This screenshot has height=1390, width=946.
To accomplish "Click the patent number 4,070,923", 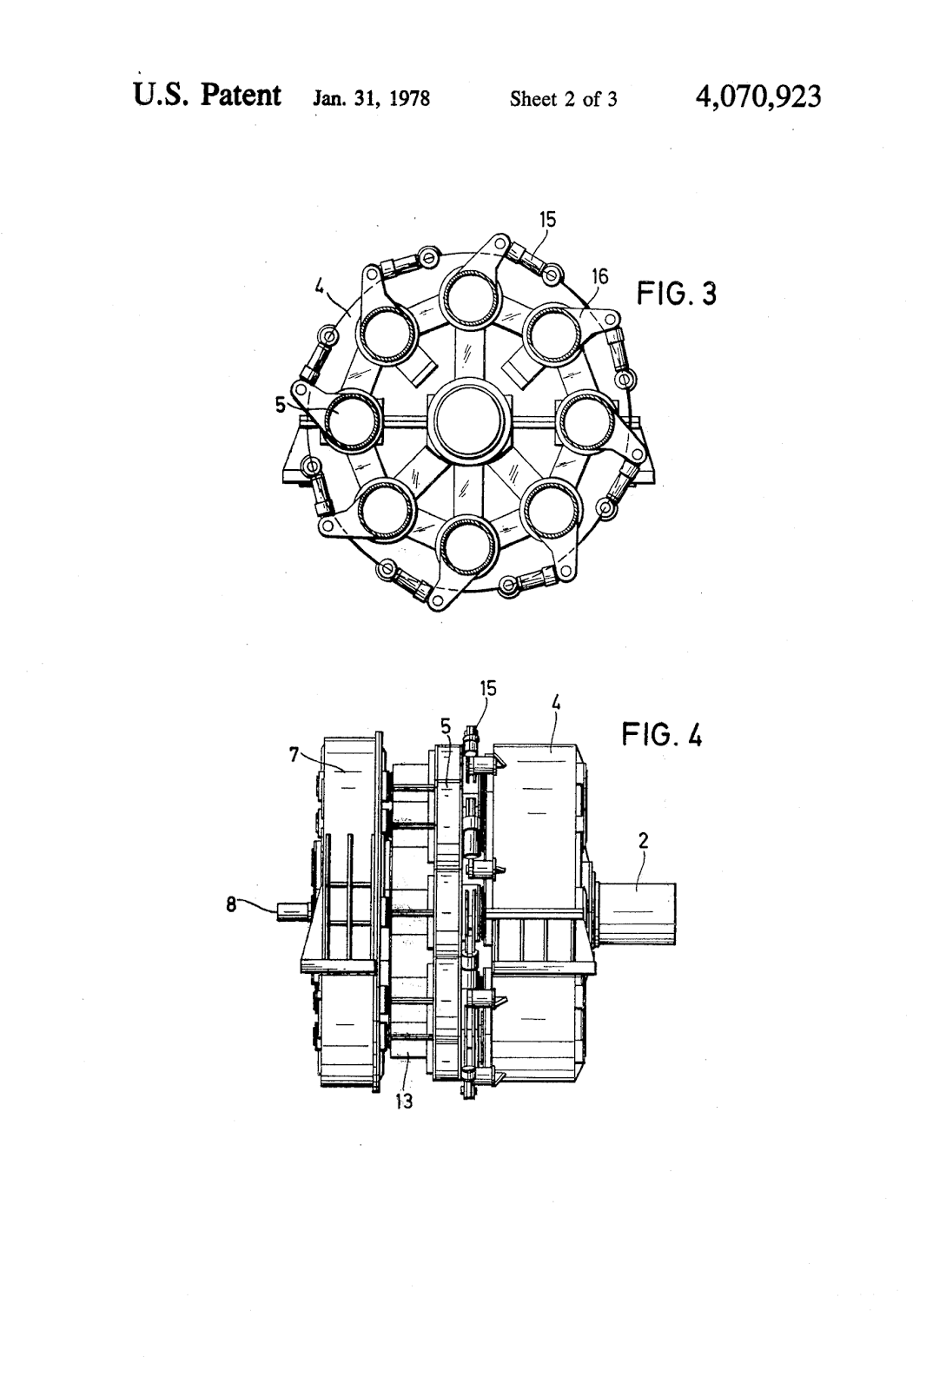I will tap(757, 96).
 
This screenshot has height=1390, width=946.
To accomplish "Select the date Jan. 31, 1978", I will tap(371, 99).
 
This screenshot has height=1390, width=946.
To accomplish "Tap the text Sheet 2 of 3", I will tap(563, 99).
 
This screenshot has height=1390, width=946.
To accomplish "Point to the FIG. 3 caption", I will tap(677, 295).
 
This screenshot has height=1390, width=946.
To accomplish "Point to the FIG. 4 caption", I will tap(661, 736).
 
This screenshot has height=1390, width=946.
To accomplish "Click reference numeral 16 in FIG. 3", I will tap(599, 277).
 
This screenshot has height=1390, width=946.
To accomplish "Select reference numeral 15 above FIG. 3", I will tap(547, 221).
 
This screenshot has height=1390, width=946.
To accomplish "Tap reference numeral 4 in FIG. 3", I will tap(320, 284).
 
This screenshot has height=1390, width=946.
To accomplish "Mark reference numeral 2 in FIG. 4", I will tap(644, 841).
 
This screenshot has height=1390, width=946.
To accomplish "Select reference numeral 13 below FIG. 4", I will tap(403, 1101).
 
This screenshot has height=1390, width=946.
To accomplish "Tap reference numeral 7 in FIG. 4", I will tap(296, 755).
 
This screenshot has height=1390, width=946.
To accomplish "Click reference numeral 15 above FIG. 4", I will tap(488, 689).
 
